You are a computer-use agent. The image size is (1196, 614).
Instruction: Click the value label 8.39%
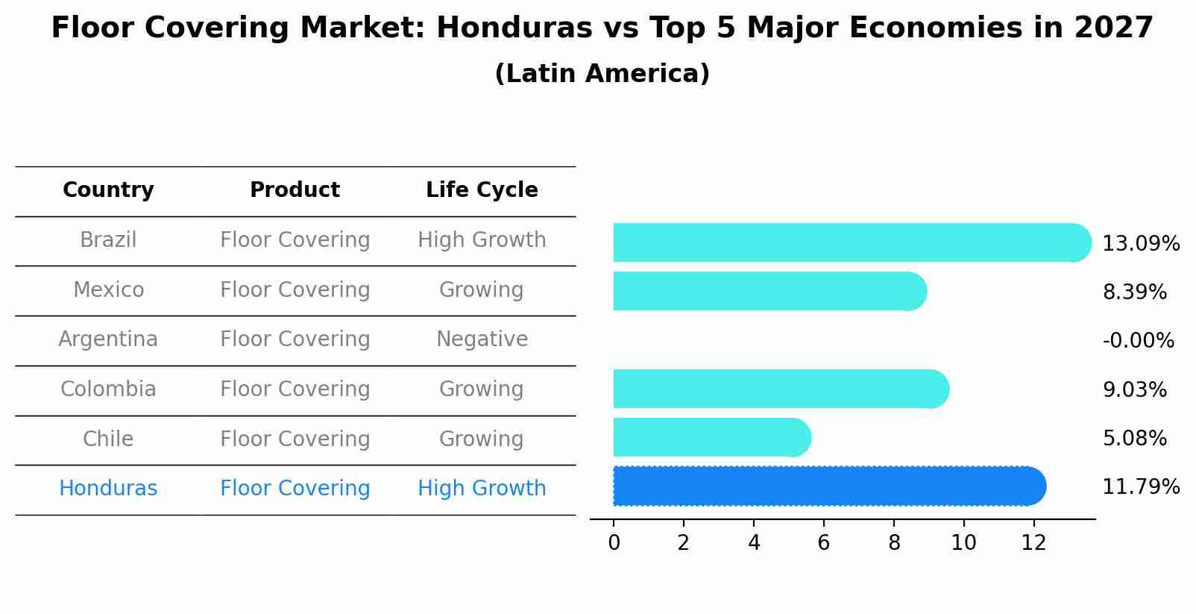click(x=1134, y=292)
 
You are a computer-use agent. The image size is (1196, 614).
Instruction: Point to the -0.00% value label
click(x=1138, y=341)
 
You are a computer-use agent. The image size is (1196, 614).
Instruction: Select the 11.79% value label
click(x=1140, y=487)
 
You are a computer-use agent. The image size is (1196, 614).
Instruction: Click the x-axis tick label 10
click(x=963, y=543)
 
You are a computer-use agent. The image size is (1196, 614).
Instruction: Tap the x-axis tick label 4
click(x=754, y=543)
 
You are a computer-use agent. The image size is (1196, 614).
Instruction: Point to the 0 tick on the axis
click(x=614, y=543)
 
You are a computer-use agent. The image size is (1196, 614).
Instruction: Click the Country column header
click(x=108, y=190)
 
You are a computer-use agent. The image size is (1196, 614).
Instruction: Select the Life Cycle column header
click(x=482, y=190)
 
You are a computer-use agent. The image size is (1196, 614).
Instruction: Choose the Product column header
click(x=295, y=190)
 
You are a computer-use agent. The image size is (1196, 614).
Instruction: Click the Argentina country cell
click(x=108, y=339)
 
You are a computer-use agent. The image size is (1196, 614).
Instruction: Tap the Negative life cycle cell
click(x=482, y=339)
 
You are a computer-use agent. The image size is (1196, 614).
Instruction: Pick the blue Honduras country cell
click(x=108, y=489)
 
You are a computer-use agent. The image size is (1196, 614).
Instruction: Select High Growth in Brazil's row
click(x=482, y=240)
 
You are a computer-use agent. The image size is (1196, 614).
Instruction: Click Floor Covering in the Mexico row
click(x=295, y=290)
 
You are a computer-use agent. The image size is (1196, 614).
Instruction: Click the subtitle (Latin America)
click(x=602, y=74)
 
